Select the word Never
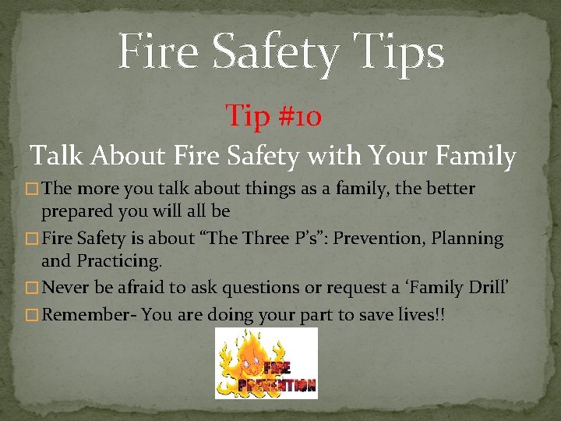[x=65, y=288]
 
